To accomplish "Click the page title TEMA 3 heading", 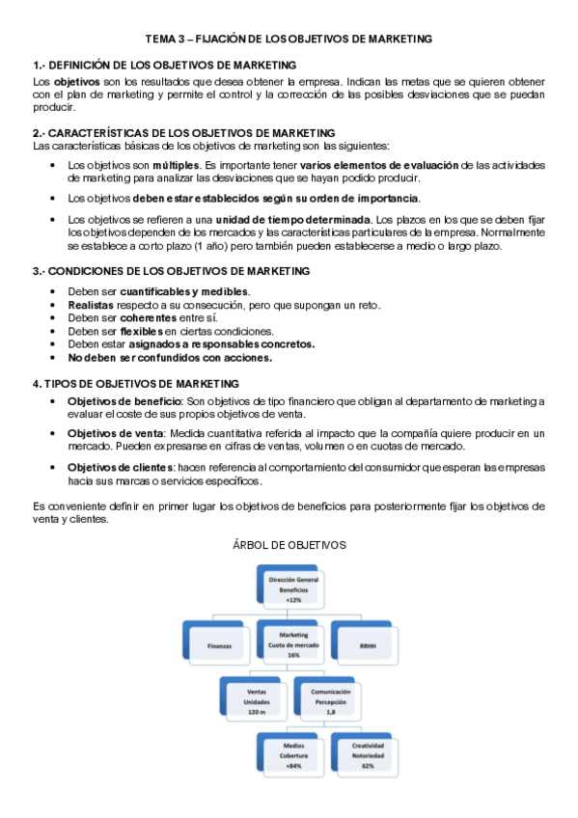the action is tap(289, 39).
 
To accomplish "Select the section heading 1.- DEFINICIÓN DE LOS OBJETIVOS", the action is tap(164, 65).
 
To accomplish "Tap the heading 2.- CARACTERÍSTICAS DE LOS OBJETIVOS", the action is tap(183, 132).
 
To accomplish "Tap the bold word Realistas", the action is tap(92, 305).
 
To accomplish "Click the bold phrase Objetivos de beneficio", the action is tap(124, 400).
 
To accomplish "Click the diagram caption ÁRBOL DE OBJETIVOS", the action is tap(289, 545).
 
